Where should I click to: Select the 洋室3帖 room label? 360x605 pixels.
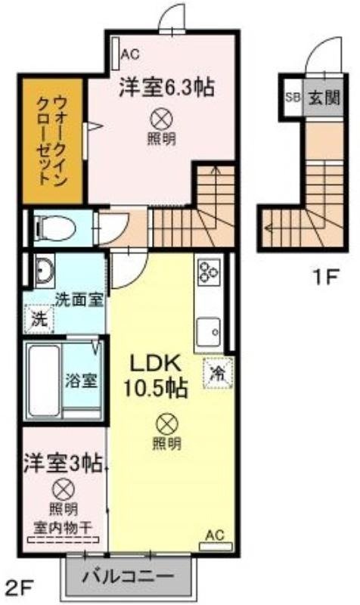[63, 461]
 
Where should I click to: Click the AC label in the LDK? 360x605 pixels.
[215, 535]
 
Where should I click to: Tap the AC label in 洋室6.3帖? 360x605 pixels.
[129, 54]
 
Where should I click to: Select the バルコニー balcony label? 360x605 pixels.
[129, 576]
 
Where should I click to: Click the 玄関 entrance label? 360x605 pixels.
[323, 97]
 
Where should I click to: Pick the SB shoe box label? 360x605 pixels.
[291, 98]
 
